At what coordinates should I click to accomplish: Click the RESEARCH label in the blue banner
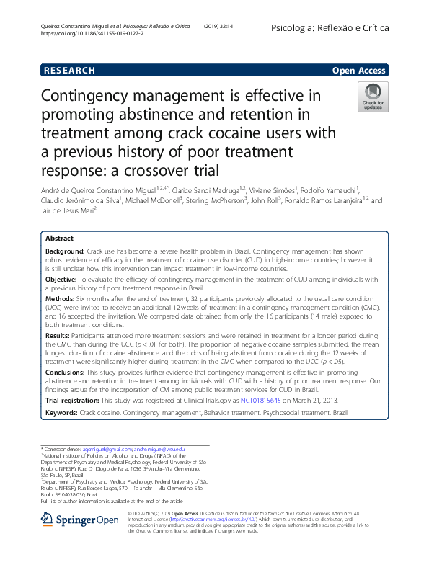click(69, 71)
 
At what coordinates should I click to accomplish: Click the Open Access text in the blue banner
click(358, 71)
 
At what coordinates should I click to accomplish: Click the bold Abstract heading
click(59, 238)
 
